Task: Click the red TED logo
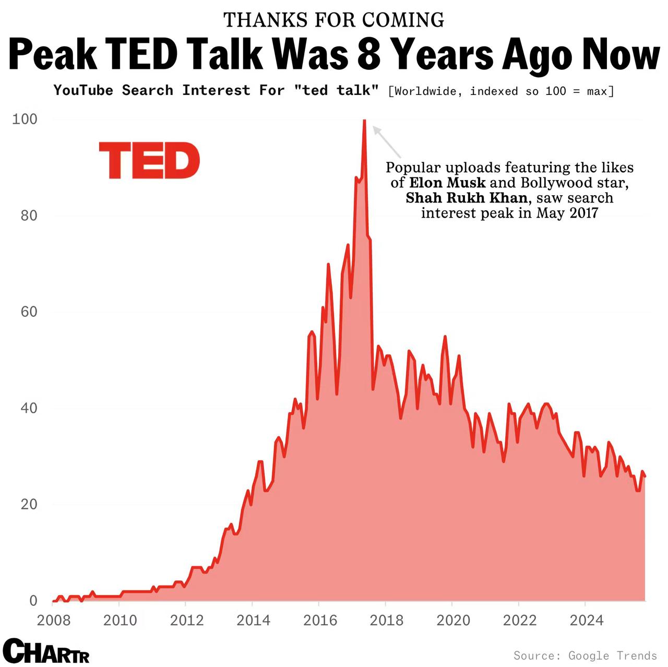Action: [149, 160]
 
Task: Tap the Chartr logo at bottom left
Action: [46, 651]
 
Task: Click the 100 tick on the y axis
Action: [25, 119]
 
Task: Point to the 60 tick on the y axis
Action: [29, 312]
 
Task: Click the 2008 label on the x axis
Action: [54, 620]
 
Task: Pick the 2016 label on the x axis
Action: [320, 620]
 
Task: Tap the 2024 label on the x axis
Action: [586, 620]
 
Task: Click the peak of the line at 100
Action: [364, 121]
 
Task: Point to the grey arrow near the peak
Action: [387, 142]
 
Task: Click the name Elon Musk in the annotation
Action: [447, 183]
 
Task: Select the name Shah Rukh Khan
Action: [467, 198]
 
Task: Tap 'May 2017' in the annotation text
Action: [567, 213]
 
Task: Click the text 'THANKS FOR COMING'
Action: [334, 20]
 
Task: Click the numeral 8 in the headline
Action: [369, 54]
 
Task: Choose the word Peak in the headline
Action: [54, 54]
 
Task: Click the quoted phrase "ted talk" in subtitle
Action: [337, 90]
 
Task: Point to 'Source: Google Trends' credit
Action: [585, 655]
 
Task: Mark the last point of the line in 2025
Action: [645, 476]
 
